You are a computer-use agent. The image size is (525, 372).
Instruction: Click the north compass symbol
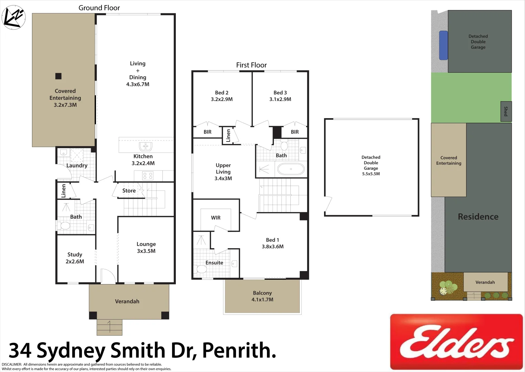pyautogui.click(x=14, y=17)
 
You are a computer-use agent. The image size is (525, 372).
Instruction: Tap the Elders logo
pyautogui.click(x=456, y=342)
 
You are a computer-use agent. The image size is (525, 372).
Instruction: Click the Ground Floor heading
pyautogui.click(x=99, y=8)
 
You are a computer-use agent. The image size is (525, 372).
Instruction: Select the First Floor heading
pyautogui.click(x=251, y=65)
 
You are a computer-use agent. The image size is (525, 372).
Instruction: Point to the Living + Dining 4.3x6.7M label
pyautogui.click(x=138, y=74)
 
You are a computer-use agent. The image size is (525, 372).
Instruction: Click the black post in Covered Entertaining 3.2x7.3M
pyautogui.click(x=58, y=76)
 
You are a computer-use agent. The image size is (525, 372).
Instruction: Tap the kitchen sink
pyautogui.click(x=146, y=146)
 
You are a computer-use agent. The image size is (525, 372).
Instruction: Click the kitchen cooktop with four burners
pyautogui.click(x=148, y=176)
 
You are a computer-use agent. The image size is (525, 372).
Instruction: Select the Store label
pyautogui.click(x=129, y=190)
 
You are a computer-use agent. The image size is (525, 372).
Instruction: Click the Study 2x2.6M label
pyautogui.click(x=75, y=258)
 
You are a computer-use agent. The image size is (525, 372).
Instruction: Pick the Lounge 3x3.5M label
pyautogui.click(x=146, y=247)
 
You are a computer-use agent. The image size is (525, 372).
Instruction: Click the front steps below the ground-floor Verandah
pyautogui.click(x=109, y=327)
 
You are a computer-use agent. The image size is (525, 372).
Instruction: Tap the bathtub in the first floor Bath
pyautogui.click(x=291, y=169)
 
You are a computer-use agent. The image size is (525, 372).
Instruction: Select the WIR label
pyautogui.click(x=216, y=218)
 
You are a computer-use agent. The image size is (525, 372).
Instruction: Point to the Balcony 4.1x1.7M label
pyautogui.click(x=262, y=296)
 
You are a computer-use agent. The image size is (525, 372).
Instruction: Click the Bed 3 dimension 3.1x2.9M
pyautogui.click(x=280, y=99)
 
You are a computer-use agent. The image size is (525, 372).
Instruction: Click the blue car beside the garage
pyautogui.click(x=443, y=45)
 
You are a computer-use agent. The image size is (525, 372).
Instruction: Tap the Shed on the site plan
pyautogui.click(x=506, y=111)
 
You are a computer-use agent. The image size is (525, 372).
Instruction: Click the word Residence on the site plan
pyautogui.click(x=478, y=217)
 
